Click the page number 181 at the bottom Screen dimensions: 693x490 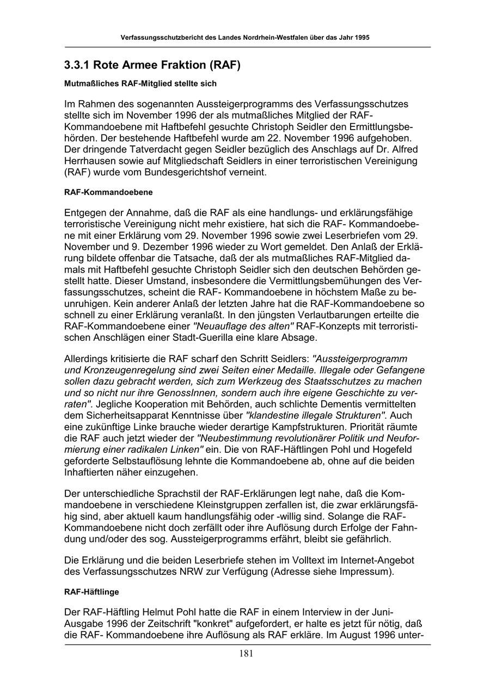[x=246, y=654]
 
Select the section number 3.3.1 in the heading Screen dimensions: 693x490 [x=77, y=66]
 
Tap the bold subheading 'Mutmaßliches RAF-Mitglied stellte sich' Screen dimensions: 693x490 [x=140, y=84]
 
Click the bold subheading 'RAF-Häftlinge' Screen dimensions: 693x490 [x=91, y=591]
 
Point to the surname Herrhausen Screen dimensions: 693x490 [x=89, y=161]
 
